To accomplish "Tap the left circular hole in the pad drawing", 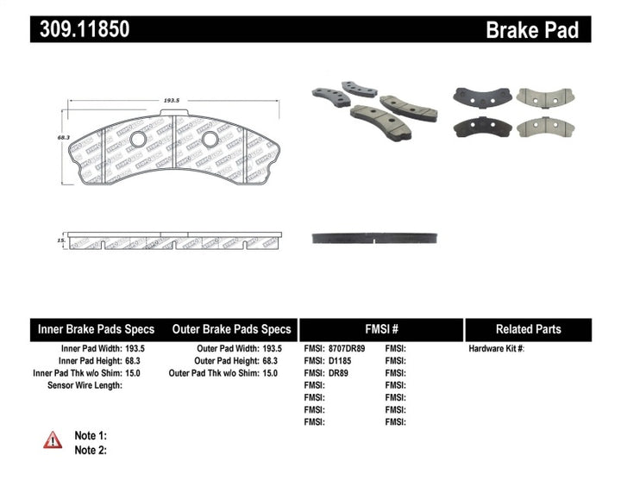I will [138, 140].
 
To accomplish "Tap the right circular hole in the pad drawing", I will [210, 140].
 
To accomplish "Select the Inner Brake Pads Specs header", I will [96, 329].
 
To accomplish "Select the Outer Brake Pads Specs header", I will [231, 329].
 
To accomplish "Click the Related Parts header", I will [528, 329].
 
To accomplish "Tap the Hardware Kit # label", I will [496, 348].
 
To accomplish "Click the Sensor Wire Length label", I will [84, 385].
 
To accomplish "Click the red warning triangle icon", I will [53, 440].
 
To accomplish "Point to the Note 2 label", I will [91, 450].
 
